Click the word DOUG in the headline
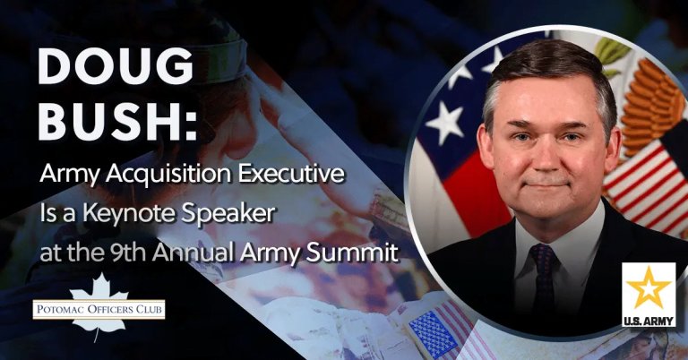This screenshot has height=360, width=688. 116,66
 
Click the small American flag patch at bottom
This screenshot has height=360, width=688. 433,331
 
